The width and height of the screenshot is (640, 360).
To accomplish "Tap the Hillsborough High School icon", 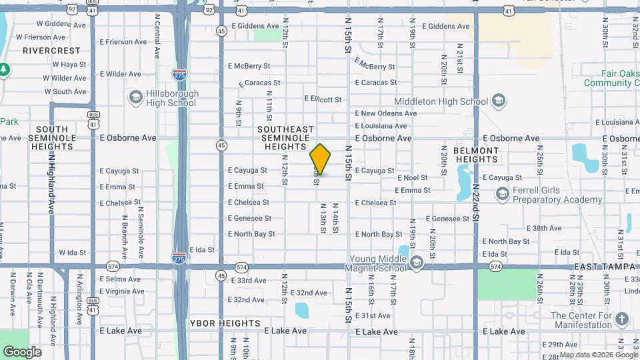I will point(136,98).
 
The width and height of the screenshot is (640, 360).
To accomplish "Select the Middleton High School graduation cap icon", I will point(497,101).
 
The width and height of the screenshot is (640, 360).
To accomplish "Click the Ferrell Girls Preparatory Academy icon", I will point(503,193).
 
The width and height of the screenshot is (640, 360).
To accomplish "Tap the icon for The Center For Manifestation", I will point(621,319).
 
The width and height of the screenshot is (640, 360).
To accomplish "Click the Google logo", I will point(21,352).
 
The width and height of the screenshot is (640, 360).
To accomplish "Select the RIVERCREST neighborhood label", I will point(51,51).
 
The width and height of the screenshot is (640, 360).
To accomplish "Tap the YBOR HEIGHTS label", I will point(225,323).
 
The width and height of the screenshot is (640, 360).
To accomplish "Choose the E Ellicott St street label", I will point(323,99).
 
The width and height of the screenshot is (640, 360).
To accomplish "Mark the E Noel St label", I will point(412,178).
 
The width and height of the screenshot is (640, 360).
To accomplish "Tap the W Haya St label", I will point(65,65).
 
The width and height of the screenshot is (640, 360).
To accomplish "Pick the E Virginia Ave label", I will point(121,291).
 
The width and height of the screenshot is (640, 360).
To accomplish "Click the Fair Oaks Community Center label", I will point(610,79).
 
